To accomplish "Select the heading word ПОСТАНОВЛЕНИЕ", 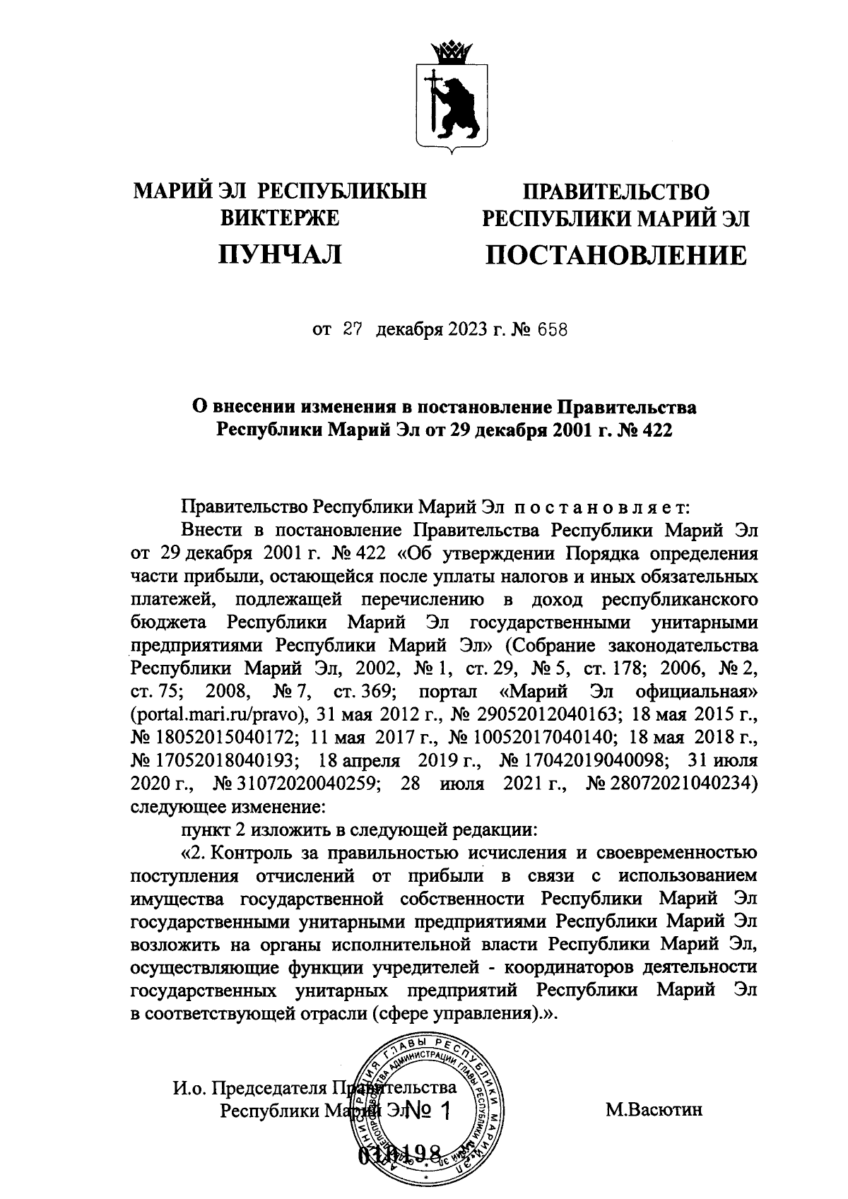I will tap(615, 255).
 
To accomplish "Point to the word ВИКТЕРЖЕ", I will tap(281, 218).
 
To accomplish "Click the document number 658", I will tap(551, 330).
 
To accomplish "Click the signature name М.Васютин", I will tap(654, 1110).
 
